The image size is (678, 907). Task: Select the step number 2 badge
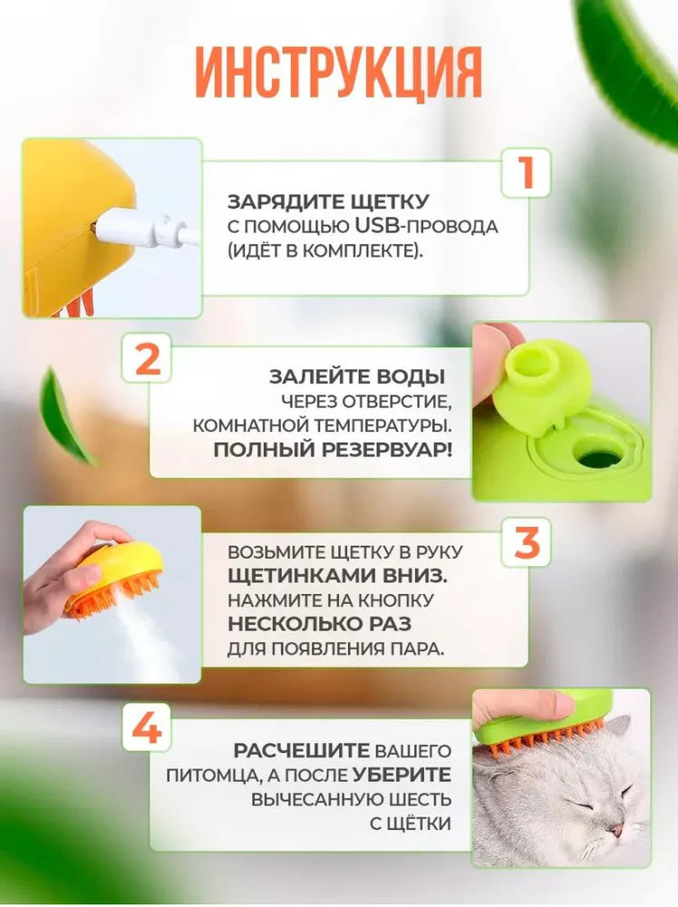point(147,358)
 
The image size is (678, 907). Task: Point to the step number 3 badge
point(526,542)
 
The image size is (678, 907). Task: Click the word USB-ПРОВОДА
point(426,226)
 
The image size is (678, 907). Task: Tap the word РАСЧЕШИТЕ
point(301,751)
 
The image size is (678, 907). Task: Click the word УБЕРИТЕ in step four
point(402,775)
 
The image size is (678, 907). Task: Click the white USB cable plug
point(144,229)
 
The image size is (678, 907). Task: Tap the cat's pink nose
point(616,831)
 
